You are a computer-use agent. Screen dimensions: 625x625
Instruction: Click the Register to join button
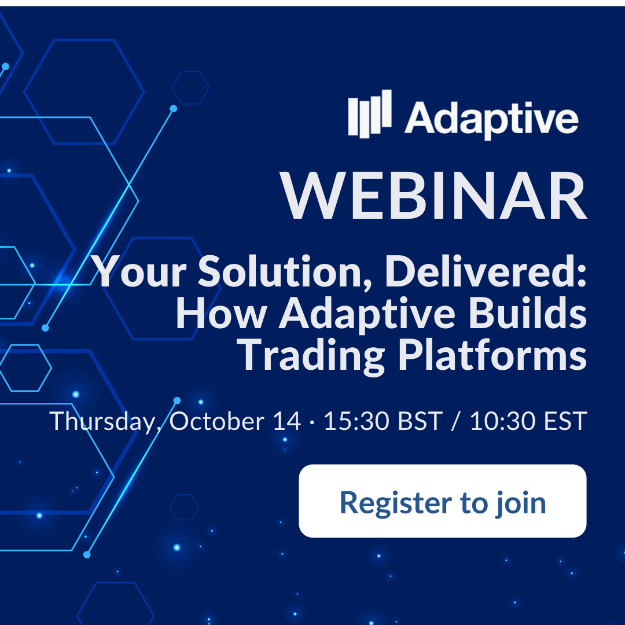[443, 501]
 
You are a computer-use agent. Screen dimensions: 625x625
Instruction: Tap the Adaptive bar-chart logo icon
[370, 113]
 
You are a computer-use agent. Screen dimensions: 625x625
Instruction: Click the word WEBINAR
[433, 196]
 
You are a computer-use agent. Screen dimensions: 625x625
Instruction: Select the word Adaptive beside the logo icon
[491, 119]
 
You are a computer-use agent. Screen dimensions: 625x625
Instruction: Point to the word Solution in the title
[285, 271]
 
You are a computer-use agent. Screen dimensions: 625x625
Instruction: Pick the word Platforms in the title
[492, 354]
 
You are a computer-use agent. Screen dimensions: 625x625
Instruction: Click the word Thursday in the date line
[102, 421]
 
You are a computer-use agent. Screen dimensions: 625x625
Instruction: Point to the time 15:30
[356, 421]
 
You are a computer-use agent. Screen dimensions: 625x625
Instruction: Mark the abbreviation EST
[565, 421]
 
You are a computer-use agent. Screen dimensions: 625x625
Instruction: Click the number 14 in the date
[287, 421]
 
